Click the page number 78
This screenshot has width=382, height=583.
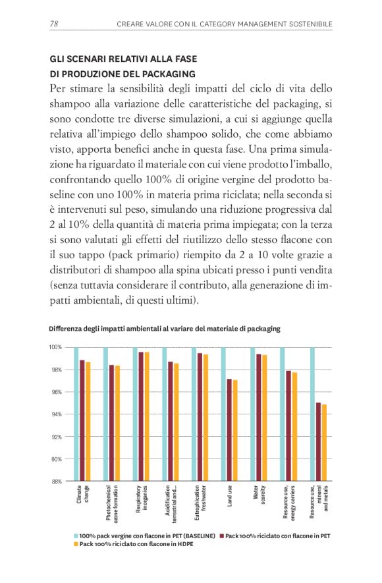(54, 24)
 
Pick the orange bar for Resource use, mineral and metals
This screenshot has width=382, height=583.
(323, 443)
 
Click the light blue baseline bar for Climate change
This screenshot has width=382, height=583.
(76, 414)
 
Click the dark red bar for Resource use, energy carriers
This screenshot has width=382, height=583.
(288, 426)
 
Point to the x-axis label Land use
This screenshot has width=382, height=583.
(230, 496)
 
